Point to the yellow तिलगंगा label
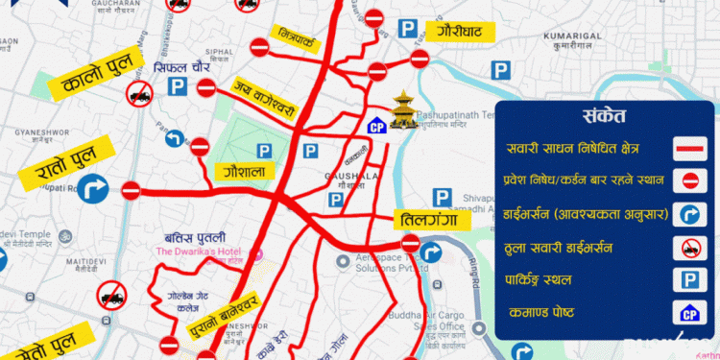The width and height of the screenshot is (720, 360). (428, 221)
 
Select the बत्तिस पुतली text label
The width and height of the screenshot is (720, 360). (195, 237)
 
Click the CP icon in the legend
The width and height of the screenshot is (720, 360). (688, 313)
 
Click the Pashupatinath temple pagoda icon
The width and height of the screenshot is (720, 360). (404, 106)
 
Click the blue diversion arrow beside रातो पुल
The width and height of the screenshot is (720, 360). (93, 186)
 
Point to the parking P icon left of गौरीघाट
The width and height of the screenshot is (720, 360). (408, 31)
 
